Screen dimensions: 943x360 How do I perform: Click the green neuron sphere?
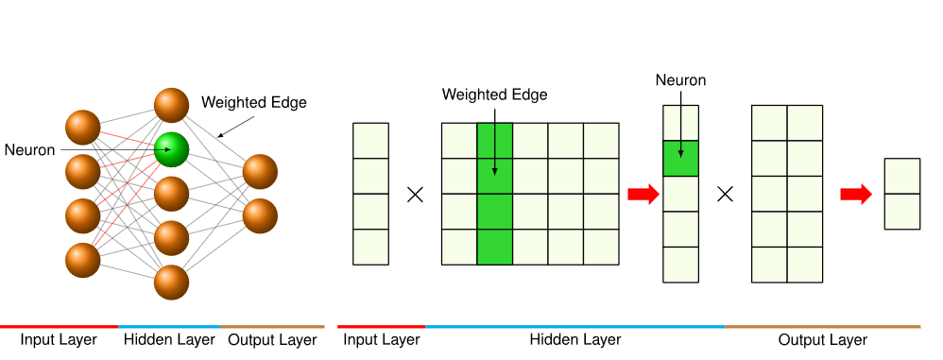(171, 149)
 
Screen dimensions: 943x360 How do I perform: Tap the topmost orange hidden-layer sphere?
(171, 105)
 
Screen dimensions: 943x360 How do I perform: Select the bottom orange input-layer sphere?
(83, 260)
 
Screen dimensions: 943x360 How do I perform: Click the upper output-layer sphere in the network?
(260, 172)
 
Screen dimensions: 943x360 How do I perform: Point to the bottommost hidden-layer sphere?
(171, 282)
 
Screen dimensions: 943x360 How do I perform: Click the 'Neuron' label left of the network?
(29, 149)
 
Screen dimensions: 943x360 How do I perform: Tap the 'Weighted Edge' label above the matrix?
(494, 94)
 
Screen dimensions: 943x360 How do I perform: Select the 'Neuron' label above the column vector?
(680, 80)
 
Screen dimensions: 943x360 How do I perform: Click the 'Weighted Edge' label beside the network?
(254, 102)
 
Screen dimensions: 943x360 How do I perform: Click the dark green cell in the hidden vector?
(680, 158)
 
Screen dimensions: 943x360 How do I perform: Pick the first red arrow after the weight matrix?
(643, 194)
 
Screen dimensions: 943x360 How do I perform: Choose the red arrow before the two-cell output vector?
(856, 194)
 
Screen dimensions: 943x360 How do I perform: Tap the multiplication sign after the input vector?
(415, 194)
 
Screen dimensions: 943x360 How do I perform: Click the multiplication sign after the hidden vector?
(726, 194)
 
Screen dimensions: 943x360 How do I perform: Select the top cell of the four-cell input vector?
(371, 141)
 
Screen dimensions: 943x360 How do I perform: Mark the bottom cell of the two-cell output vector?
(902, 212)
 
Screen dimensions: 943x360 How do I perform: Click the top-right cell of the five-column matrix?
(601, 141)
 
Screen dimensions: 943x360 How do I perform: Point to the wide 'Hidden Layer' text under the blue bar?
(574, 339)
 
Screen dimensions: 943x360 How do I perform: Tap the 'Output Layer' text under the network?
(272, 339)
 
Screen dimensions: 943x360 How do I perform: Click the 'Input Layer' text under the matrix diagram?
(382, 339)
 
